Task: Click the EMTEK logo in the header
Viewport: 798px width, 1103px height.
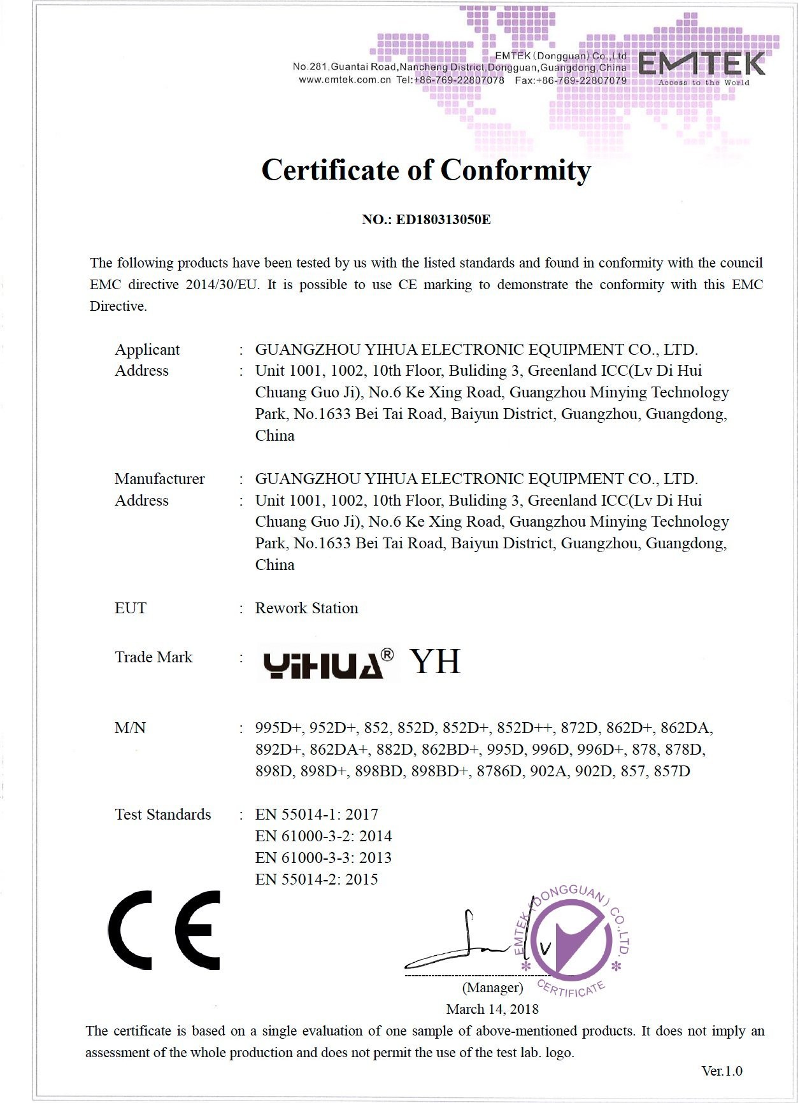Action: point(701,66)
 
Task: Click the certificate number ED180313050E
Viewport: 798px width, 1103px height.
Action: point(443,220)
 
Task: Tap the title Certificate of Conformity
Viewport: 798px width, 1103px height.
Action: point(426,171)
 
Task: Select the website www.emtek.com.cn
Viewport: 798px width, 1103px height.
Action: point(345,80)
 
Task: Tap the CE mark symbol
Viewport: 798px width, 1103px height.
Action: point(164,930)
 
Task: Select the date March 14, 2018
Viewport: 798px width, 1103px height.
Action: point(492,1009)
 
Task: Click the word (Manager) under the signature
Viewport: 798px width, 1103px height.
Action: point(492,988)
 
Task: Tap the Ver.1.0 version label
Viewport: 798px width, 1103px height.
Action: point(722,1071)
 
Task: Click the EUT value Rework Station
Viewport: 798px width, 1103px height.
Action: point(306,608)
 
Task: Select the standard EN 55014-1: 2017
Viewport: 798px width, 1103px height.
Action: point(317,815)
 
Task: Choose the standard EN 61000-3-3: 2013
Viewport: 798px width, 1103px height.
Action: point(323,858)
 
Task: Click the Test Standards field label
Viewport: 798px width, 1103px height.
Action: point(162,815)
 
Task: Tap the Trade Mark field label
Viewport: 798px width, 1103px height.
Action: point(153,657)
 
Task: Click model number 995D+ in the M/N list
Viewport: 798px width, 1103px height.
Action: point(278,728)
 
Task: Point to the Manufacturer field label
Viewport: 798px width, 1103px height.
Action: point(159,479)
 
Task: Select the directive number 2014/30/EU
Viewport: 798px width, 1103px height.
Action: point(222,285)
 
